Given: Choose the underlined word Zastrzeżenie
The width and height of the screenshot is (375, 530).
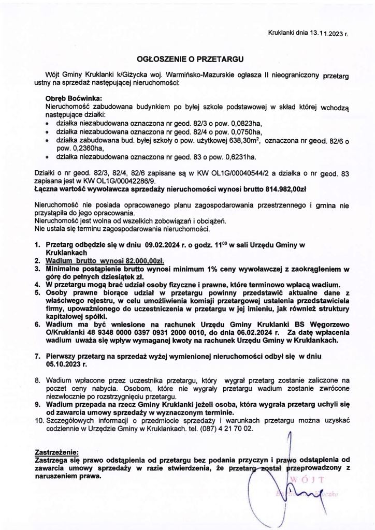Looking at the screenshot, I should (x=56, y=451).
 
